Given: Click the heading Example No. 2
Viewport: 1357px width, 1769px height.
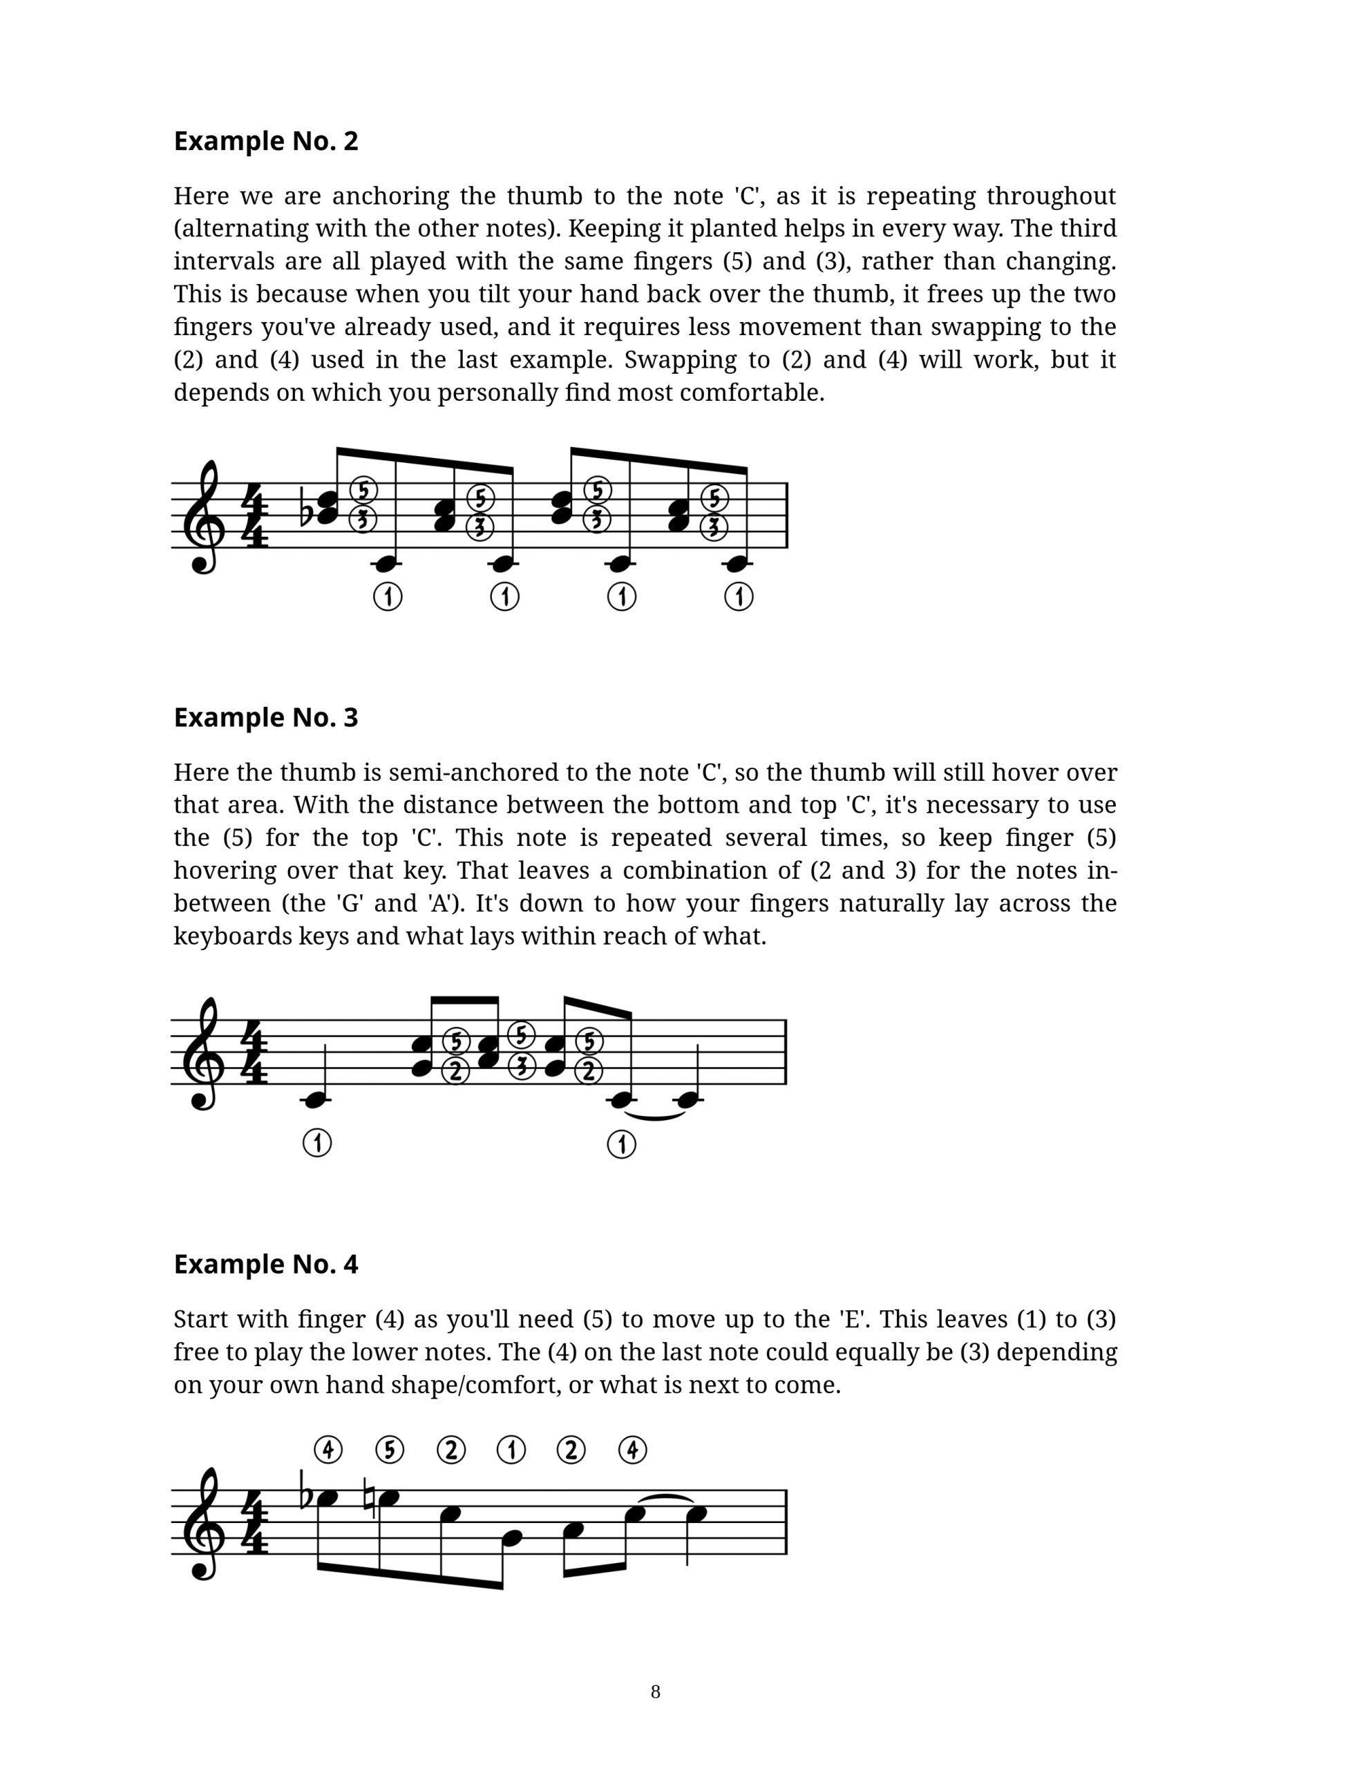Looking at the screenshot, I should (266, 142).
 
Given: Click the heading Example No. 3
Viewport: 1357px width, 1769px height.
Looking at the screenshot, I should (266, 717).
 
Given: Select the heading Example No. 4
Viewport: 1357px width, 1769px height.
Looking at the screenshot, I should (266, 1264).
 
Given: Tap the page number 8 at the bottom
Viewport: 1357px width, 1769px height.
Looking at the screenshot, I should (655, 1692).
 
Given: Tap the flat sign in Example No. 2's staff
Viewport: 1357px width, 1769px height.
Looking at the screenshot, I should (306, 507).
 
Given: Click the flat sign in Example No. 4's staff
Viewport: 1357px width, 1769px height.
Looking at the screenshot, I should (306, 1497).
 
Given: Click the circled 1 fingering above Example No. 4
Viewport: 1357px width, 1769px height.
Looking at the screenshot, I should (511, 1450).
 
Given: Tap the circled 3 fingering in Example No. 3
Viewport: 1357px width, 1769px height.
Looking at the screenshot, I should (522, 1066).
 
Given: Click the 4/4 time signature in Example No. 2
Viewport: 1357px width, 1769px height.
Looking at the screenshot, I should (255, 516).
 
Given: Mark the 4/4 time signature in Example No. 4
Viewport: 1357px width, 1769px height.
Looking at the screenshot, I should (255, 1522).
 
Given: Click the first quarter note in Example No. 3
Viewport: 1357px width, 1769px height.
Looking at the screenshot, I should (316, 1099).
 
